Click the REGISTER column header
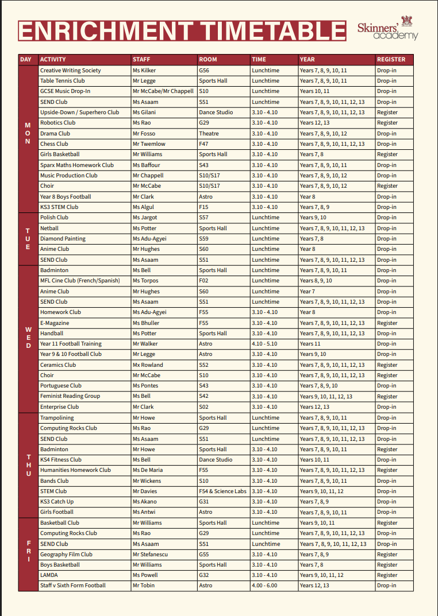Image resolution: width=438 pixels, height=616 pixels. coord(391,59)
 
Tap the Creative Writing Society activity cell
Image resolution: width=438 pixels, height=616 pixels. coord(70,71)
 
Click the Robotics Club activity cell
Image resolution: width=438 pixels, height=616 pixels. coord(57,123)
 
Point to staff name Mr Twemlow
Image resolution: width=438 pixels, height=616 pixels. coord(149,144)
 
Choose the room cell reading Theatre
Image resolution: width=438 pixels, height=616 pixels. coord(209,134)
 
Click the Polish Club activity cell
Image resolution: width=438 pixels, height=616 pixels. coord(54,218)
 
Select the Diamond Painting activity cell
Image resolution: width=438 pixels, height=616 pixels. coord(63,239)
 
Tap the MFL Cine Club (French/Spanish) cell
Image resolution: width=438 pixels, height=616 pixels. coord(80,281)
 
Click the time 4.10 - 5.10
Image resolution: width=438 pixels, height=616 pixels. coord(264,344)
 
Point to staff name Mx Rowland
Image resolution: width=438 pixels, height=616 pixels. coord(148,365)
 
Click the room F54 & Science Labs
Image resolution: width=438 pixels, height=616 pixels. coord(222,491)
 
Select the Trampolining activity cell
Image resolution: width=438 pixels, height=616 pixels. coord(57,418)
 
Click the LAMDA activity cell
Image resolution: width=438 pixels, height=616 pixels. coord(49,575)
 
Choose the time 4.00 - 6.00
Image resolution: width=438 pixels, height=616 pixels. coord(264,586)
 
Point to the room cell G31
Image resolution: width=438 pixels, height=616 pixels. coord(204,502)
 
